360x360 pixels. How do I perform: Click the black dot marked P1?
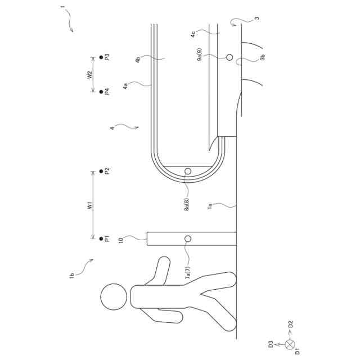(101, 238)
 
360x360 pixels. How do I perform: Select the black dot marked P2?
(101, 171)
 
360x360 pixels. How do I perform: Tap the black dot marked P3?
(101, 57)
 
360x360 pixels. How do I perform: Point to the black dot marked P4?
(101, 92)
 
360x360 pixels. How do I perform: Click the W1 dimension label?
(90, 205)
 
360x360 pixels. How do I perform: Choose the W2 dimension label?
(89, 75)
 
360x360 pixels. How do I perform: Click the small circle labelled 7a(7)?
(188, 238)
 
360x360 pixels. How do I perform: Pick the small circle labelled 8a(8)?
(188, 171)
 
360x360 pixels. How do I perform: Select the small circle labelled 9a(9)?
(229, 57)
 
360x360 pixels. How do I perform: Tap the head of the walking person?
(114, 296)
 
